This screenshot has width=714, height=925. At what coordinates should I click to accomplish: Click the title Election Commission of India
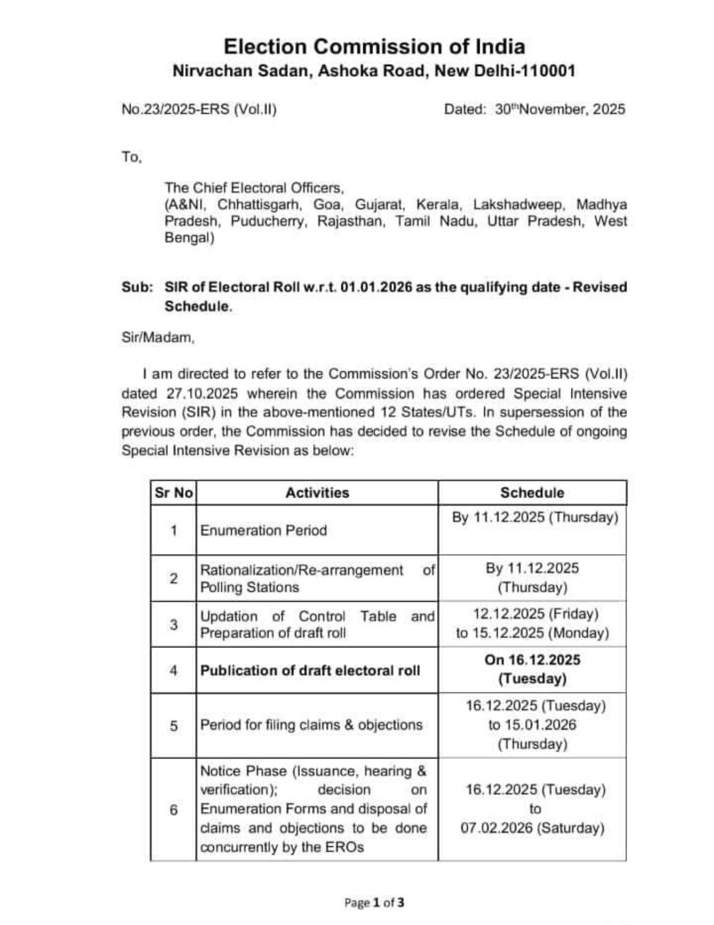point(374,47)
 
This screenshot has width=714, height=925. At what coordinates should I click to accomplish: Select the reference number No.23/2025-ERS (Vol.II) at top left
point(198,109)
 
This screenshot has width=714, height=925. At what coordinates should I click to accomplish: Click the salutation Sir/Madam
point(158,337)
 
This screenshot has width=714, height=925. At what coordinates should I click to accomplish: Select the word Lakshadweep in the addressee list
point(518,204)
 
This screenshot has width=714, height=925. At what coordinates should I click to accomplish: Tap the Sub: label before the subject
point(137,287)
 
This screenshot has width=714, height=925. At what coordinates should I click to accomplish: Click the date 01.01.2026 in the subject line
point(376,287)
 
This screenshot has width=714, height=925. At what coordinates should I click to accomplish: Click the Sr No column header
point(173,493)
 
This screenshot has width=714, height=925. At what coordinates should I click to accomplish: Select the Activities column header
point(317,493)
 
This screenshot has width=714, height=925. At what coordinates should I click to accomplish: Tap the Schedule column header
point(532,493)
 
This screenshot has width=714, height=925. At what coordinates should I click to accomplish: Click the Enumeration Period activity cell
point(263,530)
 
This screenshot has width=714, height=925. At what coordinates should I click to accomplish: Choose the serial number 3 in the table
point(173,624)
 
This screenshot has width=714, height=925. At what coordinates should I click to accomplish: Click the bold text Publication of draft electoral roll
point(309,670)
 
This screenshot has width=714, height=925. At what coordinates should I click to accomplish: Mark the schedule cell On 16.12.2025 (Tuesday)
point(532,669)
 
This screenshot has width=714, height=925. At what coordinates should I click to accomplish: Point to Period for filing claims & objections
point(311,725)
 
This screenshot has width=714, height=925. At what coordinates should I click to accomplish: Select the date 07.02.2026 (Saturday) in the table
point(532,828)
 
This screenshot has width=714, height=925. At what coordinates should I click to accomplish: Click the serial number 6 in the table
point(173,809)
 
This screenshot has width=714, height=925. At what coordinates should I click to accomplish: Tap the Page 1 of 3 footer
point(374,903)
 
